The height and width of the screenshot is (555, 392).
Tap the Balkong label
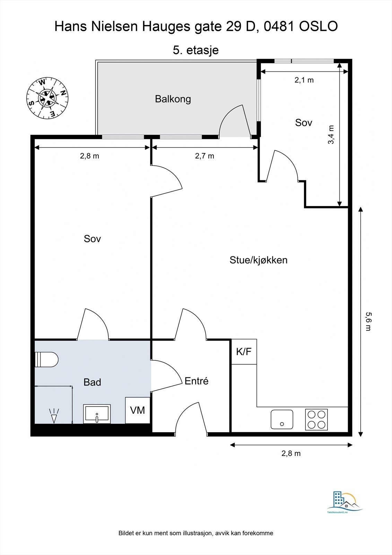173,99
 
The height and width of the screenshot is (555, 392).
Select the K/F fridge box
244,352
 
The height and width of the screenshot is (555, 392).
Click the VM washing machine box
138,410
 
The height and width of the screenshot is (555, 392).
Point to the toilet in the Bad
46,359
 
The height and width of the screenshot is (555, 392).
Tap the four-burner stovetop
316,419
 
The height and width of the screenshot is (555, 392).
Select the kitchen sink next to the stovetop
282,419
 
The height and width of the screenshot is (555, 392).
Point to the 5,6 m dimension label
368,322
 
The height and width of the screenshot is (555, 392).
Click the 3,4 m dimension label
331,135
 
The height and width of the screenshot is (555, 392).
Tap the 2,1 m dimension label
304,80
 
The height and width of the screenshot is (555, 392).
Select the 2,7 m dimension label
204,156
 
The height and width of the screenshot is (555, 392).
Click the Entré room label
197,381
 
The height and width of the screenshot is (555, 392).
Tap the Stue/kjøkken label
259,260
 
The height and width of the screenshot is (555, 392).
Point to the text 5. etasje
195,50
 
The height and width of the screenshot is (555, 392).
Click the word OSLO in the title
319,26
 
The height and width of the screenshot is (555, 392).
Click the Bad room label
92,382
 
